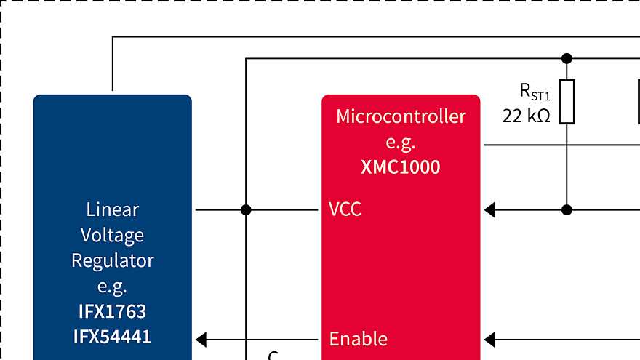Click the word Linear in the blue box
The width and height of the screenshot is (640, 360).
[112, 209]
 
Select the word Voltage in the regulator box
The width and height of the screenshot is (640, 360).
[112, 235]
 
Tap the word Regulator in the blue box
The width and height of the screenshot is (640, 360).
[112, 260]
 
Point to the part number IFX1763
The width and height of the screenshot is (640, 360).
[112, 311]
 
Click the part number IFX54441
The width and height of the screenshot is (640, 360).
[112, 337]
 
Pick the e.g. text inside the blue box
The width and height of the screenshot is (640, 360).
[112, 285]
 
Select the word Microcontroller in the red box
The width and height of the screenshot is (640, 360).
[401, 116]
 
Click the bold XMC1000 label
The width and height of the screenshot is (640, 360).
[401, 167]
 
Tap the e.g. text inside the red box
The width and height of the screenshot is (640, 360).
[401, 142]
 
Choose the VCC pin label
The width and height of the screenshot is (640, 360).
[345, 209]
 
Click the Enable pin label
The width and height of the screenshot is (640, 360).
[358, 339]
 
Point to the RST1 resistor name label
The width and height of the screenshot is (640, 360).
[535, 92]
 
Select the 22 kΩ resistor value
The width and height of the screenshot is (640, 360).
[526, 116]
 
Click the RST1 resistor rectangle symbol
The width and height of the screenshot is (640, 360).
[567, 102]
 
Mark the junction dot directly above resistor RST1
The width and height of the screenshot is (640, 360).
[567, 58]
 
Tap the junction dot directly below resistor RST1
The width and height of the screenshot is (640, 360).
[567, 210]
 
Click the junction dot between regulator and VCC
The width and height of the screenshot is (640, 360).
[246, 210]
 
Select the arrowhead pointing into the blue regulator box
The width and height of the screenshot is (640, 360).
[201, 339]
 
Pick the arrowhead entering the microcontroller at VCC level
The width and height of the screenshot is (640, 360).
[489, 210]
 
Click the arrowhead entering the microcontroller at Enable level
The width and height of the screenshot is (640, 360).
[489, 339]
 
